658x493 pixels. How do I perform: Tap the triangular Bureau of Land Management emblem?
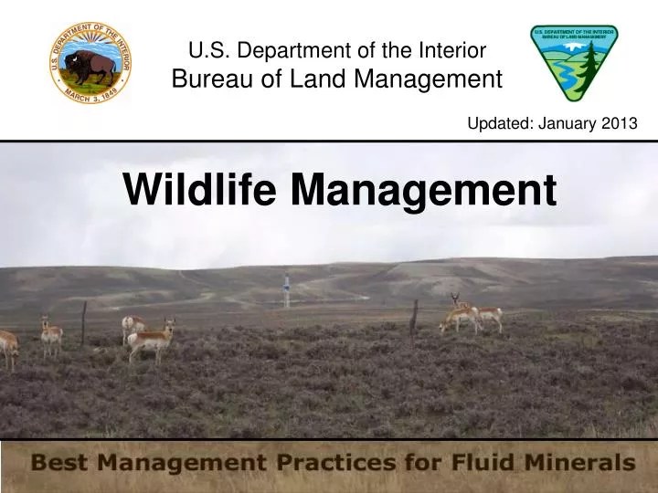point(574,62)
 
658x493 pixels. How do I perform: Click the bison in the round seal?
point(90,66)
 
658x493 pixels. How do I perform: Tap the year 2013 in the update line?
point(619,124)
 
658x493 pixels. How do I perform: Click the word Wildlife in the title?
point(200,191)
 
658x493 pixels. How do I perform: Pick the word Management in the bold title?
point(424,191)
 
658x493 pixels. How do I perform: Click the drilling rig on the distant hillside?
point(286,289)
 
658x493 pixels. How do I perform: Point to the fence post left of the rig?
point(83,321)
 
